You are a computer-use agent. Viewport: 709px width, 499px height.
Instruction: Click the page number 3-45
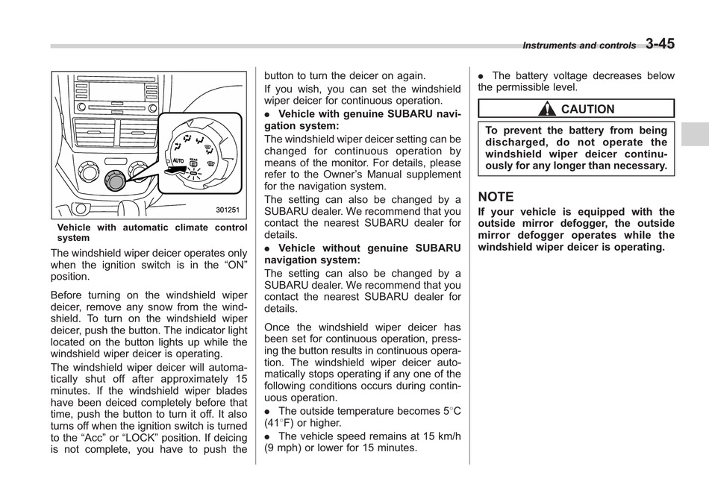660,44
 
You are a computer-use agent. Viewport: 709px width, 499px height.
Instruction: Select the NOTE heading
496,197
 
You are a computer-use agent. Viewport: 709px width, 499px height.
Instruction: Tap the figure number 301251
228,210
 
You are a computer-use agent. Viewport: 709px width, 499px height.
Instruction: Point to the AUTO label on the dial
178,160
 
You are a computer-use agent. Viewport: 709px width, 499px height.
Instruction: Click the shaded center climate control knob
116,179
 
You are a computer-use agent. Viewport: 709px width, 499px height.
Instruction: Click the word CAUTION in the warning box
587,110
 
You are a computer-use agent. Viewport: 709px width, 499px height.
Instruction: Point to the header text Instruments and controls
579,45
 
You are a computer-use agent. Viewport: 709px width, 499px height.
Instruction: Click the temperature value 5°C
452,411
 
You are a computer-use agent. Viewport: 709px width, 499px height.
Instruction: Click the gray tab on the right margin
694,134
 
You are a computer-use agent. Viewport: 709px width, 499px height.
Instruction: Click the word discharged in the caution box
515,142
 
